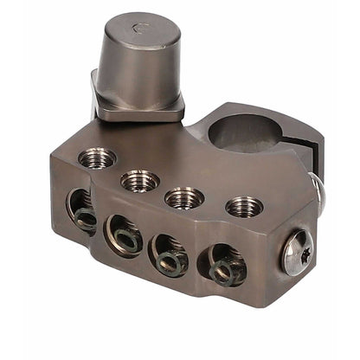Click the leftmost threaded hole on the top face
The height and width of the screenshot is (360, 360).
click(96, 158)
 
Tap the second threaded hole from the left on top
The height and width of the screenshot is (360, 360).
click(139, 181)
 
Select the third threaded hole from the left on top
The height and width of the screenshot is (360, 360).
click(184, 196)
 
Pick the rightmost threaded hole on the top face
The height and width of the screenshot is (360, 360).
click(244, 207)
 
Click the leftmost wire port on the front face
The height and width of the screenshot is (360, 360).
click(82, 210)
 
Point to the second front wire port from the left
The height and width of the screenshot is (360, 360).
click(125, 235)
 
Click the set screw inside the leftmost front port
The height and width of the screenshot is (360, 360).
click(86, 219)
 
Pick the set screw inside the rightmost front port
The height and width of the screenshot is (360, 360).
click(224, 273)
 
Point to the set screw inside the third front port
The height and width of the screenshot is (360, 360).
click(172, 261)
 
